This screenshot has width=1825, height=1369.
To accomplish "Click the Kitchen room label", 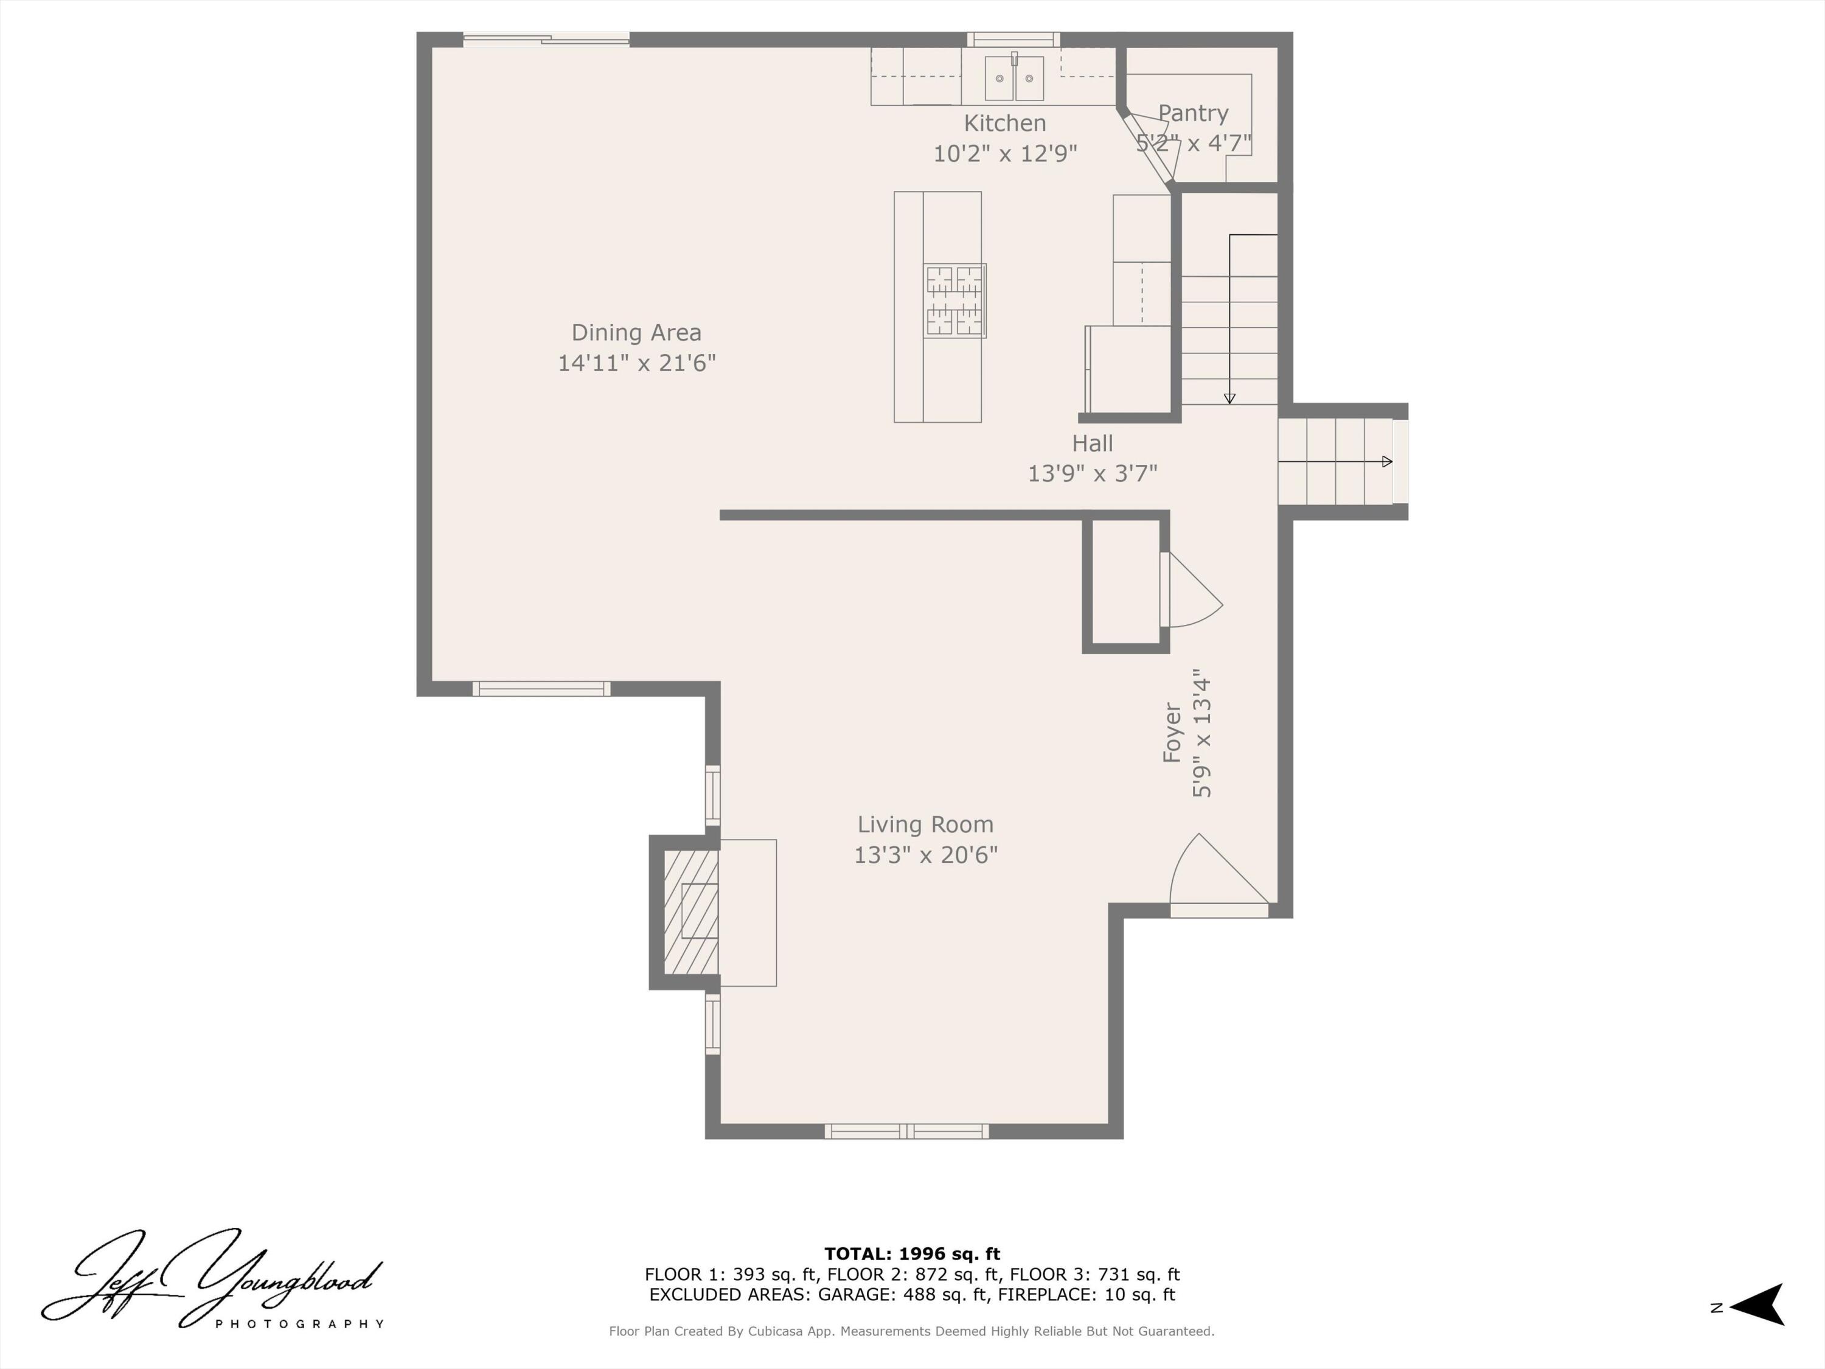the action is pos(1005,123).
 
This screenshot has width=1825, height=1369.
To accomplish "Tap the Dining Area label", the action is pos(636,333).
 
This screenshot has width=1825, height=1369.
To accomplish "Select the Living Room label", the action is pos(925,824).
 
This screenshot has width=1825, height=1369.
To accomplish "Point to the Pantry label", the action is pos(1193,113).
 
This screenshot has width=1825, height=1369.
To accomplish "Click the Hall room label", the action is pos(1093,443).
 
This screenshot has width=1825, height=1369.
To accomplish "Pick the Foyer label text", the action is pos(1172,732).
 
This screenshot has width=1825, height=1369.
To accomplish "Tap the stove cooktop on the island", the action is pos(954,301).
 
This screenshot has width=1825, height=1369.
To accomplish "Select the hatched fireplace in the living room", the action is pos(690,912).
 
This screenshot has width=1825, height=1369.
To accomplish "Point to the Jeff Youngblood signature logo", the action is pos(213,1278).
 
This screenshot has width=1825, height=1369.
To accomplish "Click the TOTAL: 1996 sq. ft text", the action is pos(912,1254).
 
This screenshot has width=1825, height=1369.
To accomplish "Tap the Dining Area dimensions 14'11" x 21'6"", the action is pos(636,363).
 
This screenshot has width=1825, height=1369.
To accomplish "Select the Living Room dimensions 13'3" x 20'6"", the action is pos(925,855).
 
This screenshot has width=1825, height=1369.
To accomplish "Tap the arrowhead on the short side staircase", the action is pos(1387,461).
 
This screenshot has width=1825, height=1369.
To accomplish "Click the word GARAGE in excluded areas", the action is pos(855,1295).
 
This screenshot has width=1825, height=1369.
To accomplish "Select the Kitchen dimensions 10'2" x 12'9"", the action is pos(1005,153).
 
